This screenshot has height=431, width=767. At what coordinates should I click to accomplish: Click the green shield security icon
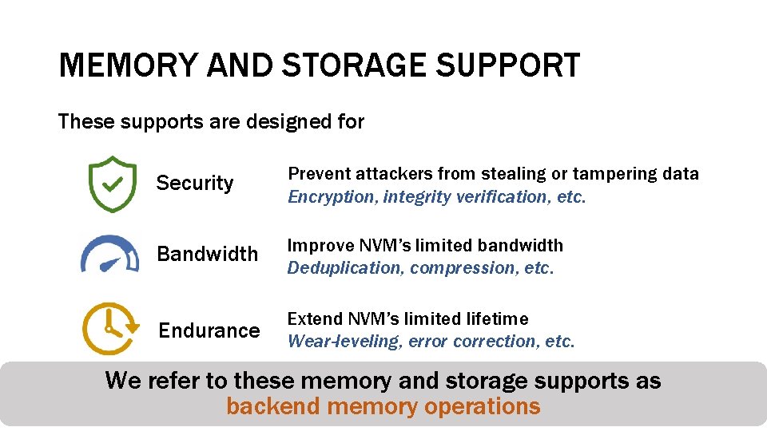(112, 184)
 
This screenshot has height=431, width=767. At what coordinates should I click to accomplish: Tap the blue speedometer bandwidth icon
(109, 255)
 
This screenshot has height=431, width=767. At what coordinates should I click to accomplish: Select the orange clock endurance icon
(109, 328)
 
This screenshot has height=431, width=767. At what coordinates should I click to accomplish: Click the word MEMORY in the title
(128, 65)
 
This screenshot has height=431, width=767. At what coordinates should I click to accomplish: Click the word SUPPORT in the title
(508, 65)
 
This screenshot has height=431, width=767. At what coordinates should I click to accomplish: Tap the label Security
(195, 184)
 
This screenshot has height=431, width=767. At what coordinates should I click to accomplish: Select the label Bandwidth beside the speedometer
(207, 255)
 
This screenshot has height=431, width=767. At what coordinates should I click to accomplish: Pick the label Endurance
(209, 330)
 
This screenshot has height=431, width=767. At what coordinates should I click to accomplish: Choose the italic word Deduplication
(345, 268)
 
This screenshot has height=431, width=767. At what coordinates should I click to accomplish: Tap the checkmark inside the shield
(112, 184)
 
